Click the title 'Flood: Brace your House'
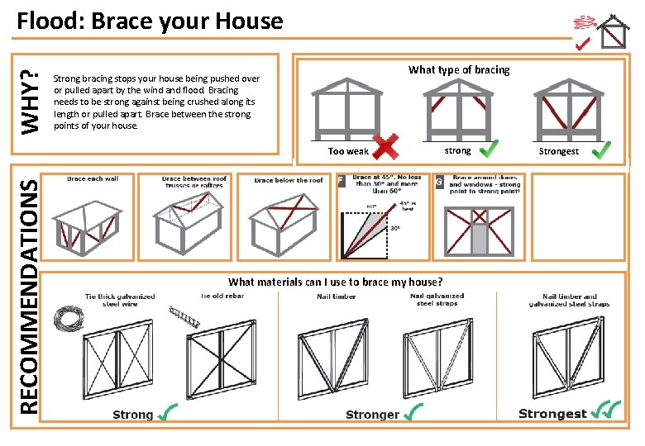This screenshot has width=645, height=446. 150,21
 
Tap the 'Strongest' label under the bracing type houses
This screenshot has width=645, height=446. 559,151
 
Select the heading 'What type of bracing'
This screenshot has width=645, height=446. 459,70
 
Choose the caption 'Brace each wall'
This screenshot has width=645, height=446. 93,178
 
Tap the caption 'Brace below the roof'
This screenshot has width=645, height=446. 288,180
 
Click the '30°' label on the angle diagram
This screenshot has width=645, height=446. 396,229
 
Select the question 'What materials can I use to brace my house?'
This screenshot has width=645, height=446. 335,282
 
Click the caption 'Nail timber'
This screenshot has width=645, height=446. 336,297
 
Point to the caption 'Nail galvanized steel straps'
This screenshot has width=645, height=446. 437,300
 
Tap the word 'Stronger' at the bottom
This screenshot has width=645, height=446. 372,415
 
